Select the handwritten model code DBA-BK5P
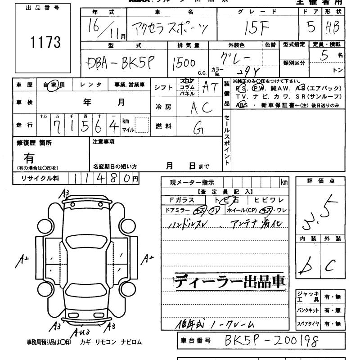[x=119, y=64]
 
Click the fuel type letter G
[x=197, y=129]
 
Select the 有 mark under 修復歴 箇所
[x=29, y=158]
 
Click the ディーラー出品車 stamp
[x=230, y=282]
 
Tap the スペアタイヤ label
[x=308, y=324]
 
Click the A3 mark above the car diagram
[x=66, y=193]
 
